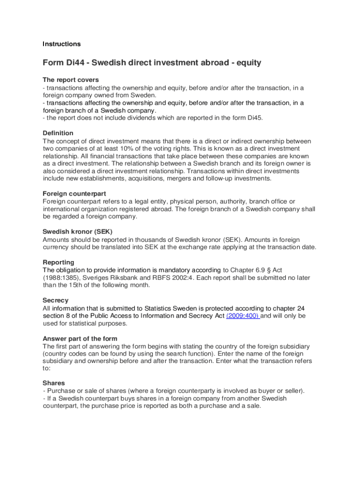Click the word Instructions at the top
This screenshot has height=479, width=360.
click(x=62, y=44)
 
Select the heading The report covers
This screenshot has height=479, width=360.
click(x=71, y=80)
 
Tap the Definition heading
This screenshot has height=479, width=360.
click(x=58, y=133)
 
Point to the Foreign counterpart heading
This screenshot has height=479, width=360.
click(x=74, y=194)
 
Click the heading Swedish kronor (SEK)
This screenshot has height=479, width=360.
click(x=78, y=232)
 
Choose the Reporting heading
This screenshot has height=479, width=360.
click(x=58, y=262)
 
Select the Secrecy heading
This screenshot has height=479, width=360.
click(x=56, y=300)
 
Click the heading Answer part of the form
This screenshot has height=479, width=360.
click(x=80, y=339)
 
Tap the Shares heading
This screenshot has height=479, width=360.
click(x=54, y=383)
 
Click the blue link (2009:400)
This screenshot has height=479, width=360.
click(x=243, y=316)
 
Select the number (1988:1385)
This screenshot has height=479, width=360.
click(x=61, y=278)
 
